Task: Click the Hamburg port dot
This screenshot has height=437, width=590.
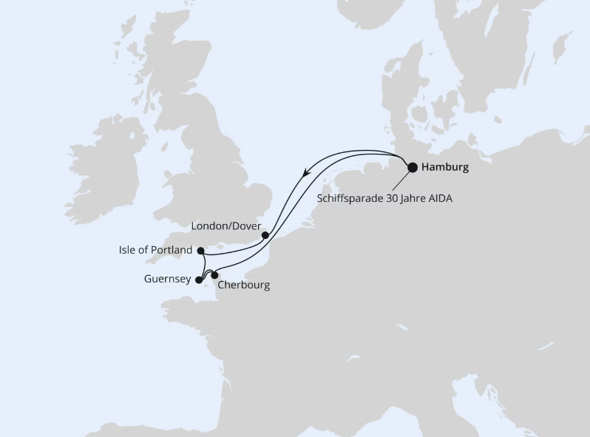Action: pyautogui.click(x=413, y=167)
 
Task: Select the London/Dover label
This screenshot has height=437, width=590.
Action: pyautogui.click(x=226, y=225)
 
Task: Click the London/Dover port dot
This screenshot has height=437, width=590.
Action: pyautogui.click(x=265, y=236)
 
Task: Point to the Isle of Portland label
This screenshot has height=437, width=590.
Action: pyautogui.click(x=155, y=250)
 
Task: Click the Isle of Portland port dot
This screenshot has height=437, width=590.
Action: pyautogui.click(x=201, y=251)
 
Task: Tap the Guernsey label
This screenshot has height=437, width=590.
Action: pyautogui.click(x=167, y=280)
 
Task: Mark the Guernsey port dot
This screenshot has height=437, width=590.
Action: pyautogui.click(x=198, y=280)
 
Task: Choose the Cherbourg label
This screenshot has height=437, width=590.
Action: pyautogui.click(x=244, y=285)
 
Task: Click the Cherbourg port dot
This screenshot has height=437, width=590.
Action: pyautogui.click(x=215, y=276)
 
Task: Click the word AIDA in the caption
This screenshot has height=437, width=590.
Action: pyautogui.click(x=437, y=198)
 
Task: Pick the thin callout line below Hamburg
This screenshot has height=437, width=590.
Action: pyautogui.click(x=401, y=181)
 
